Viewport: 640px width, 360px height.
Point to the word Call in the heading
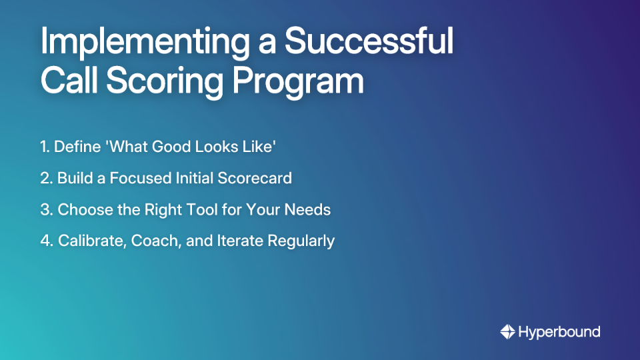(67, 82)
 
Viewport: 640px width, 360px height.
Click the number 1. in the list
(45, 147)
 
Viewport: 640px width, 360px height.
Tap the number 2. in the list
(46, 179)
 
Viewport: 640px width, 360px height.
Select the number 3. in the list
(47, 209)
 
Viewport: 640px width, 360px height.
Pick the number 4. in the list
(47, 241)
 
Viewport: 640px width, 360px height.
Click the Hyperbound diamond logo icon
(507, 331)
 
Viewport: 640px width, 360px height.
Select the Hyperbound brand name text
(559, 331)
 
